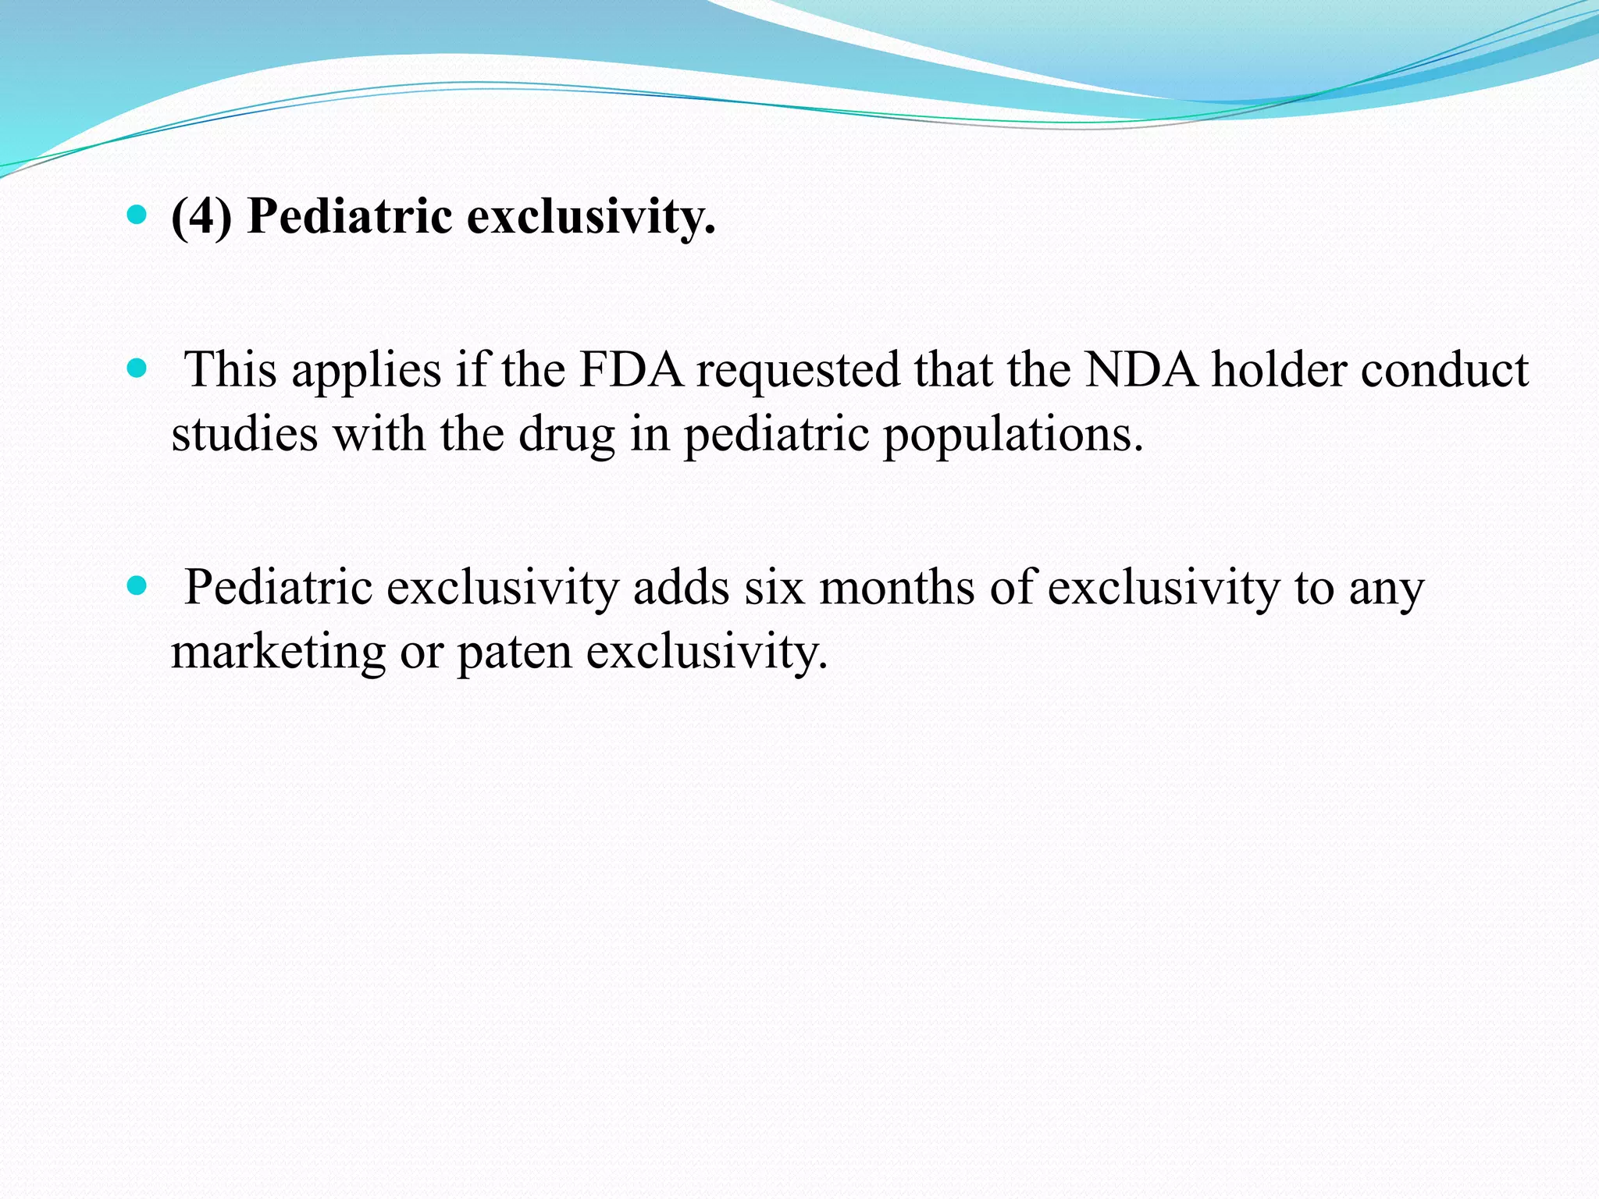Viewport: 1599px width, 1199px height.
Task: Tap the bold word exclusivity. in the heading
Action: (x=591, y=217)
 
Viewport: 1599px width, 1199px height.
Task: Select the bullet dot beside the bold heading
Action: (x=137, y=215)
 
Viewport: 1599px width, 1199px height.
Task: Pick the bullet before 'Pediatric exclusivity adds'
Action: (x=137, y=585)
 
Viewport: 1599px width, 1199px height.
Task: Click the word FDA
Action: (x=631, y=370)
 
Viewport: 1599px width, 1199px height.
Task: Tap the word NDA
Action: (x=1141, y=370)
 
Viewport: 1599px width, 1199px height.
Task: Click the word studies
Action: (x=244, y=434)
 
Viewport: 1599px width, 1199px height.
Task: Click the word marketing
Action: (x=278, y=653)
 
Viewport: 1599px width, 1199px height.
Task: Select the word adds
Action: (x=681, y=588)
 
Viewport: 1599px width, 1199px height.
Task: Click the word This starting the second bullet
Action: (x=230, y=370)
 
